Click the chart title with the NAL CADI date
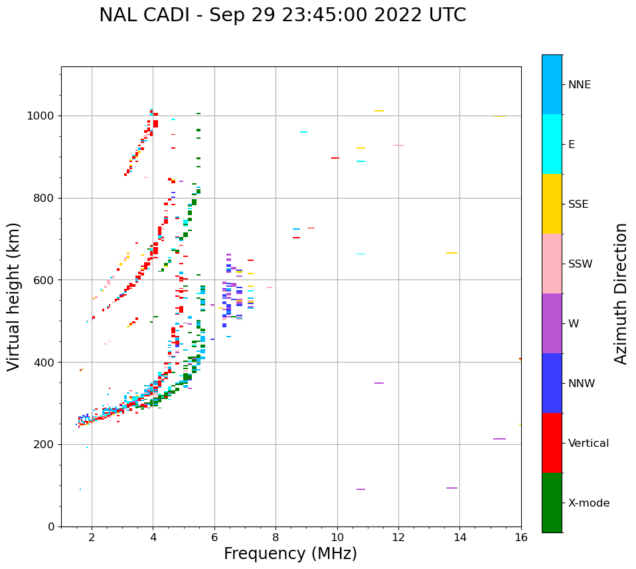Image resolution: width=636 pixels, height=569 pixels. [x=282, y=15]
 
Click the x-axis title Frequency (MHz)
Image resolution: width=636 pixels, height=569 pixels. [x=290, y=554]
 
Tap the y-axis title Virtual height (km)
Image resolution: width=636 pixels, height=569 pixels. [x=14, y=296]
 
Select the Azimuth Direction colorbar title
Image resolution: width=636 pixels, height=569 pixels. [x=621, y=293]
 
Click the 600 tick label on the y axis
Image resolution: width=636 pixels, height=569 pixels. [x=46, y=280]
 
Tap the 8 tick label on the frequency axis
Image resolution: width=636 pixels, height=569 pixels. [x=276, y=537]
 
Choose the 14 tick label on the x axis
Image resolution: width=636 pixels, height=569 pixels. [x=459, y=537]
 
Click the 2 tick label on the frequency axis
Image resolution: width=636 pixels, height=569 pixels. [x=92, y=537]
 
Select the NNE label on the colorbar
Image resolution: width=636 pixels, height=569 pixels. [x=579, y=85]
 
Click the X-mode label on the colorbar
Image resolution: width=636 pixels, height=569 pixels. [x=589, y=503]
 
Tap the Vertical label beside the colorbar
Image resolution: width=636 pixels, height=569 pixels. [x=589, y=444]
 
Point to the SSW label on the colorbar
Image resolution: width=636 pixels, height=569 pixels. [x=580, y=264]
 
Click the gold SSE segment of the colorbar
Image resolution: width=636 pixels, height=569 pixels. [x=552, y=204]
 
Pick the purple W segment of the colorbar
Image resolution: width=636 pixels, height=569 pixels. [x=552, y=323]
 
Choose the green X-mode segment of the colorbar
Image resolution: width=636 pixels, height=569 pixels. [x=552, y=503]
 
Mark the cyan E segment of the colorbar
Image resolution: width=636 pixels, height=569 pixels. [x=552, y=144]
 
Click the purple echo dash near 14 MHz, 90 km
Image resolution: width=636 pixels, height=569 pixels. [x=451, y=488]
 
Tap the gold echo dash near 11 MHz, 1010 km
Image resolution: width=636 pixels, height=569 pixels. [x=378, y=111]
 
